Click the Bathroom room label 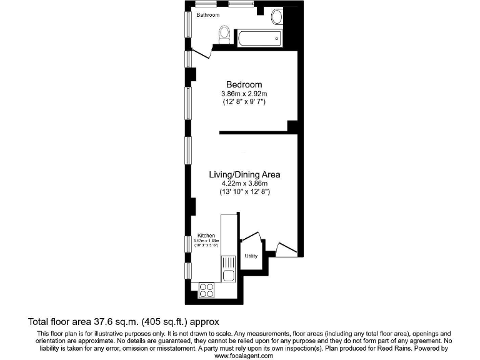point(207,14)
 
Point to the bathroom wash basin point(277,17)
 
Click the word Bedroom point(244,84)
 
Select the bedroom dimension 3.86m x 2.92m point(244,94)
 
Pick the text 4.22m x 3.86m point(244,184)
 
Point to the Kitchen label point(206,236)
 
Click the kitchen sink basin point(228,275)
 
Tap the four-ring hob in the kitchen point(206,289)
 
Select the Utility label point(251,256)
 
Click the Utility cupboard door point(251,237)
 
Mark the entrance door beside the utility point(286,249)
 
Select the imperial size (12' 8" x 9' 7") point(244,101)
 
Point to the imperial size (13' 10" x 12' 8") point(244,192)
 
